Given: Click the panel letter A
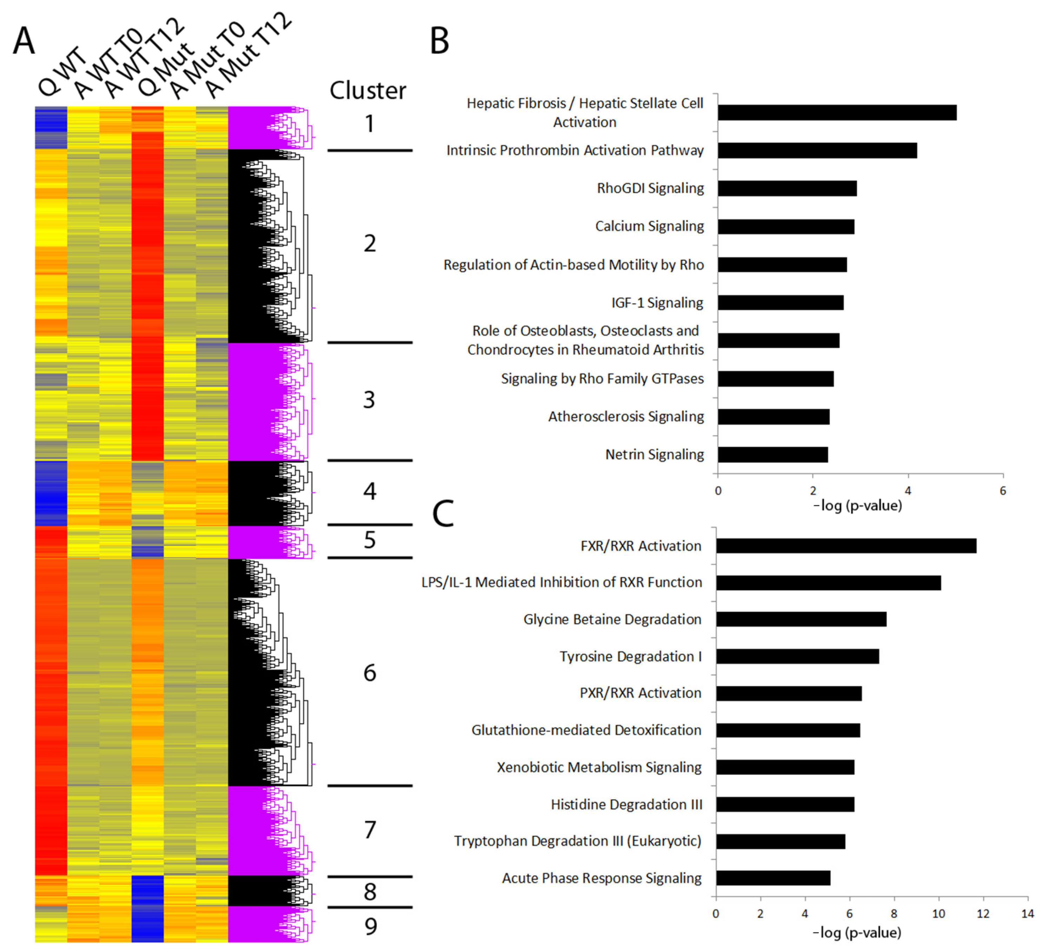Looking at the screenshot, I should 24,41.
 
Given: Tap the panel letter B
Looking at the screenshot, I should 439,41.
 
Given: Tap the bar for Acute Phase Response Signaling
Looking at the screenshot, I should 773,878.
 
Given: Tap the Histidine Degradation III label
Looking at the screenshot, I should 626,804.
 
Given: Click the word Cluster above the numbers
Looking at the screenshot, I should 368,91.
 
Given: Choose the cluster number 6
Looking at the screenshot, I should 369,673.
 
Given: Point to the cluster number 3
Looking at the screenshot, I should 369,400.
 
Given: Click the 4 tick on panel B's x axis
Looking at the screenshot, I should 908,491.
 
